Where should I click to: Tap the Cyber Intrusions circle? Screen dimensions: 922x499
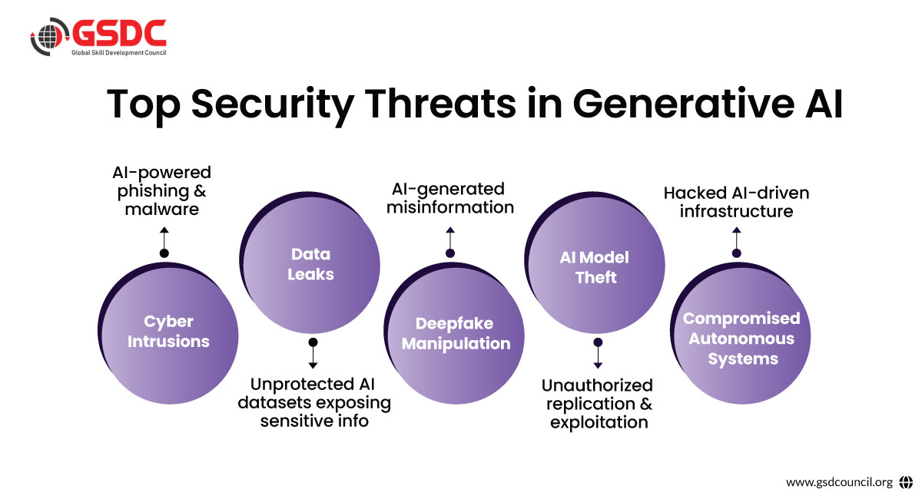pyautogui.click(x=168, y=333)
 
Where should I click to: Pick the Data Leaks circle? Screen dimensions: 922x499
pyautogui.click(x=310, y=263)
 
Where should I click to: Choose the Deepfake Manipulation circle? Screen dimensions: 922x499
pyautogui.click(x=453, y=333)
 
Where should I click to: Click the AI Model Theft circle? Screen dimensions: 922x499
pyautogui.click(x=595, y=263)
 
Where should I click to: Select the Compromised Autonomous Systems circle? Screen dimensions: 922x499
pyautogui.click(x=740, y=333)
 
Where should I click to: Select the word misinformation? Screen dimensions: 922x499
pyautogui.click(x=450, y=207)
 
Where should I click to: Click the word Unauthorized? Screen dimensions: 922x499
pyautogui.click(x=597, y=385)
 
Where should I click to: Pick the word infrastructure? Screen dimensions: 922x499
pyautogui.click(x=736, y=211)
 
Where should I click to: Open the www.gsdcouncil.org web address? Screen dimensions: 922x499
pyautogui.click(x=839, y=482)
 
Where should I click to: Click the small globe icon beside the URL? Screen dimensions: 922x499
pyautogui.click(x=906, y=482)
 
